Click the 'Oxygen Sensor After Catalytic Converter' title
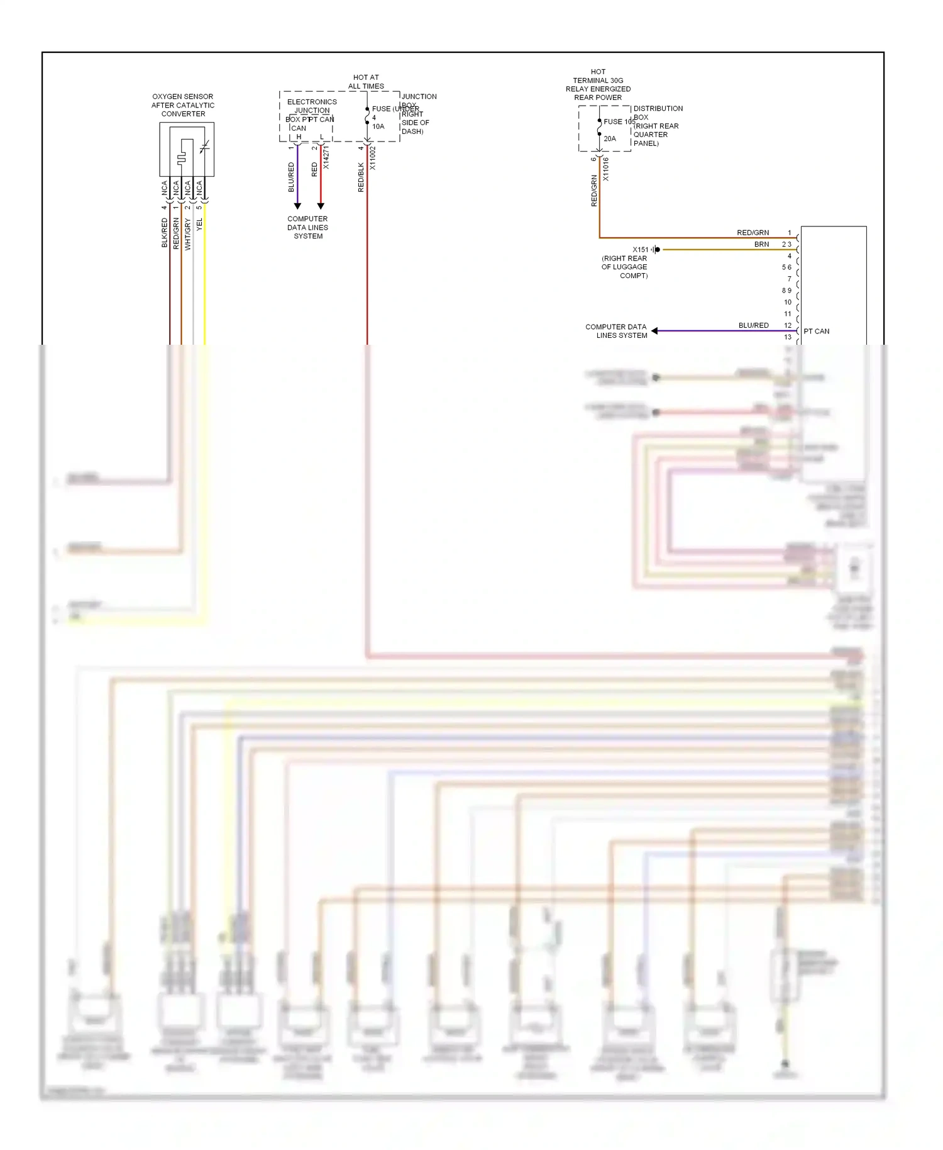click(182, 105)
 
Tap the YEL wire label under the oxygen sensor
click(200, 225)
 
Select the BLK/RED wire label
click(165, 233)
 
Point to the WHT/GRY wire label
click(187, 234)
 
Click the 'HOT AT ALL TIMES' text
click(366, 82)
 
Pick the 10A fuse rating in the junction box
click(378, 126)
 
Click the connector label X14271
click(326, 157)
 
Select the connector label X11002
click(372, 159)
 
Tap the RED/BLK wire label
click(361, 177)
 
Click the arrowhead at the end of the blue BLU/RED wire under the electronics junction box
click(297, 206)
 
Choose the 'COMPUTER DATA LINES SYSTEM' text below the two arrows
click(307, 228)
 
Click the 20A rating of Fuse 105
click(610, 138)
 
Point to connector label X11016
click(605, 169)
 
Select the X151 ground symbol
click(656, 250)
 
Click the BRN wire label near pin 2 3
click(761, 244)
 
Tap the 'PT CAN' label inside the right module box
click(816, 331)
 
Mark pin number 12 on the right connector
click(788, 325)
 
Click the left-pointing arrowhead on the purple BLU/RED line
click(654, 331)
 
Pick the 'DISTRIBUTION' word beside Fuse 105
click(658, 108)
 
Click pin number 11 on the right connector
click(788, 314)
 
